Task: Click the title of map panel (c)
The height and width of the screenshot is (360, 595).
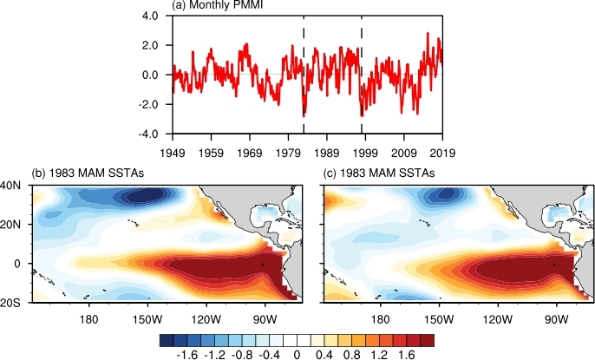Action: tap(377, 173)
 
